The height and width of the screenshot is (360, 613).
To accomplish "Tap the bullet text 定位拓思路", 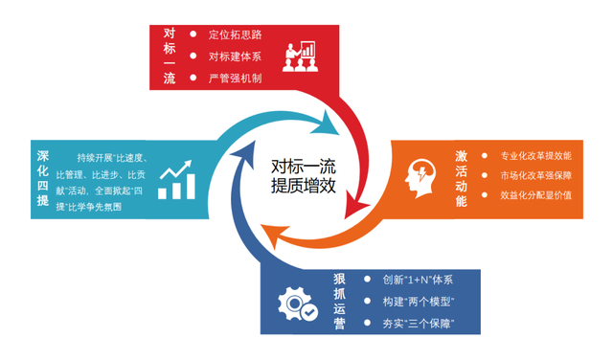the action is (235, 34).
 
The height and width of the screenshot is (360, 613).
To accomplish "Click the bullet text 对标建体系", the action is (235, 56).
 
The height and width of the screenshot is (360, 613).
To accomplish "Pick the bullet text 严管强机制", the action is (235, 79).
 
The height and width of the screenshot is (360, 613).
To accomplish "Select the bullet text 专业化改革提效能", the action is (535, 155).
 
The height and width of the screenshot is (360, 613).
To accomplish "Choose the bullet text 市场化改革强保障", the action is (535, 175).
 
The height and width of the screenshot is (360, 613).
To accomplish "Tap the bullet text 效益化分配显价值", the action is (535, 195).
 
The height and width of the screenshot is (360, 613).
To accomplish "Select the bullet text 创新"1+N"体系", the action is (418, 280).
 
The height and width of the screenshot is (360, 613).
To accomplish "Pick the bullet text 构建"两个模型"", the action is (418, 302).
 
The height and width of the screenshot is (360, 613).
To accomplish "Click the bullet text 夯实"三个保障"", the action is (418, 324).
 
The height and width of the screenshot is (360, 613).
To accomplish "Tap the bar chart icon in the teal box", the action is (177, 180).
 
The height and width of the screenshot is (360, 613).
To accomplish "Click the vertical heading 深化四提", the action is (43, 178).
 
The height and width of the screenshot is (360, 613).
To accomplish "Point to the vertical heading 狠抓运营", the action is (339, 302).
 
